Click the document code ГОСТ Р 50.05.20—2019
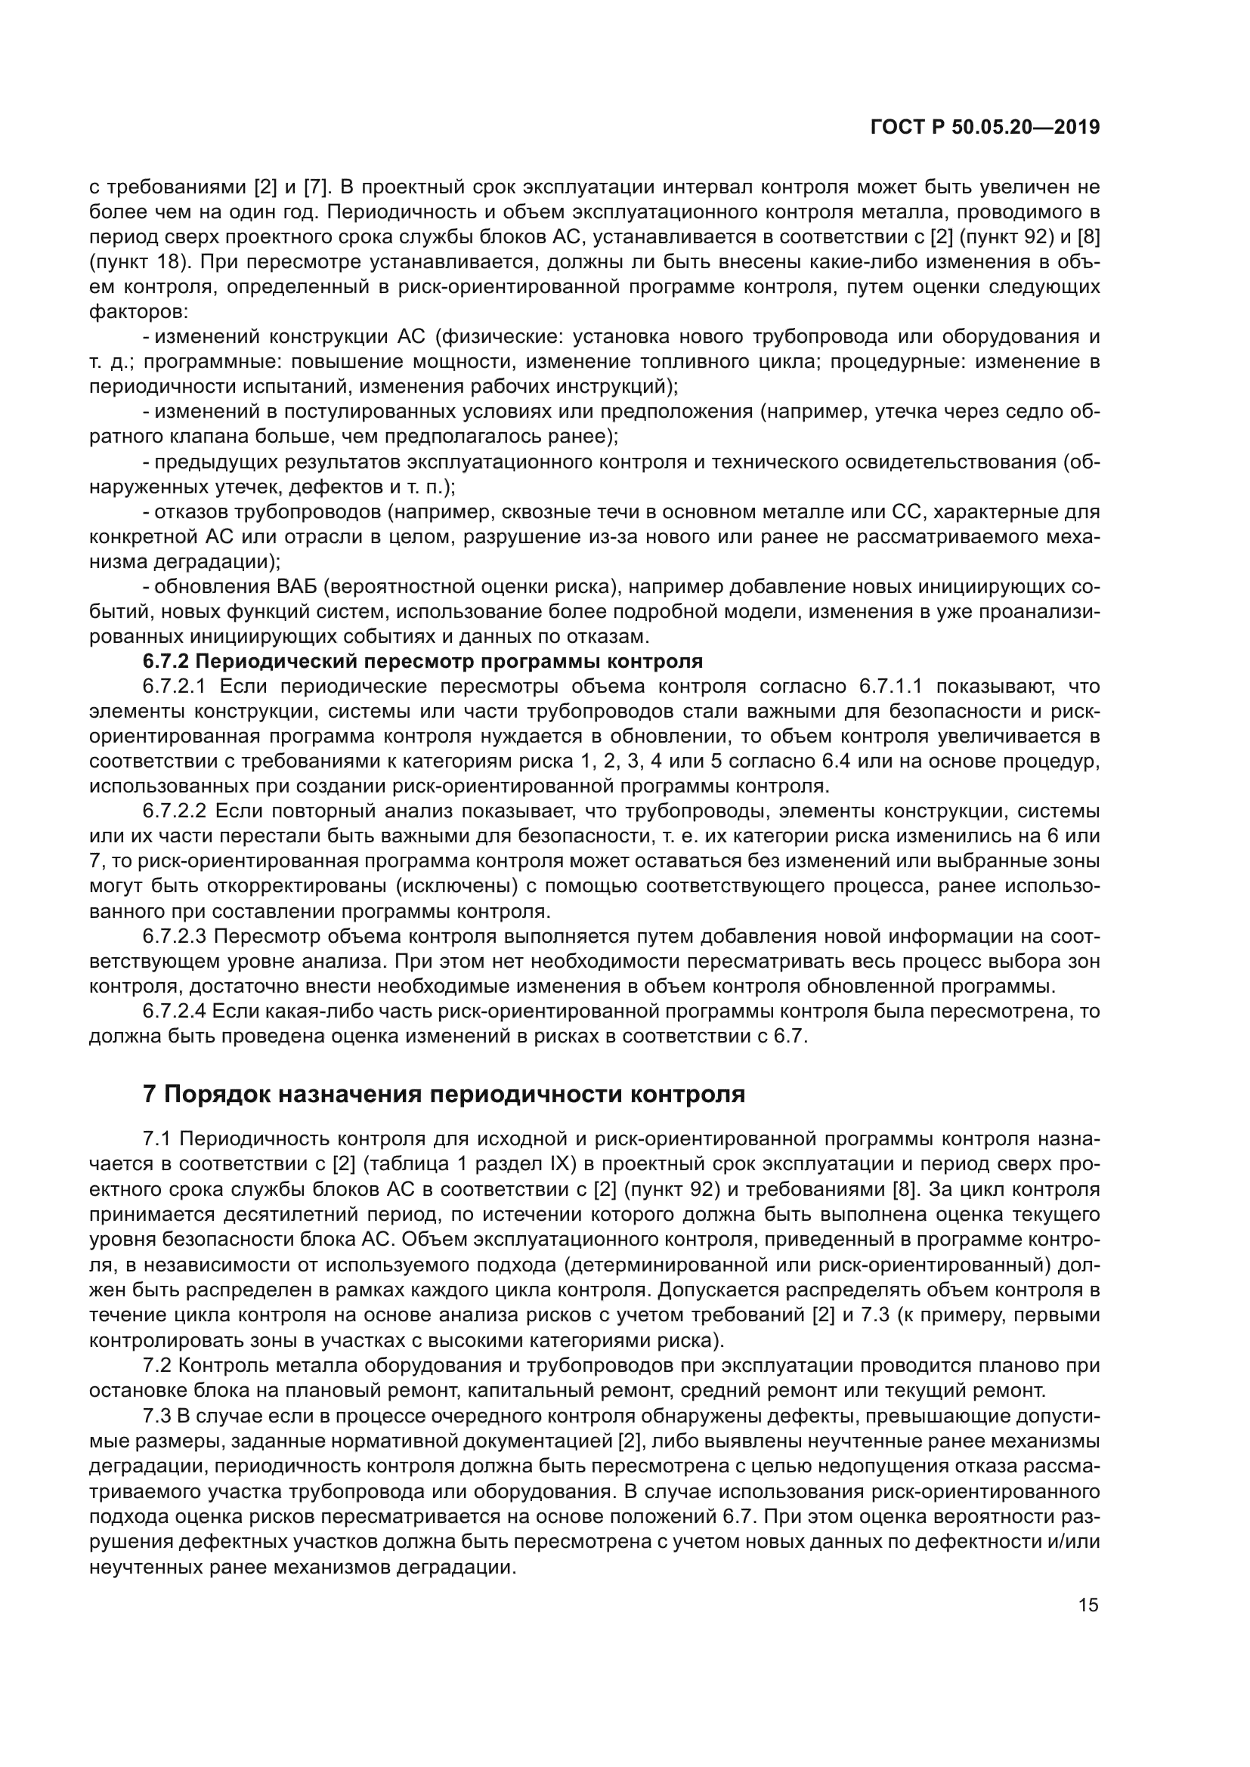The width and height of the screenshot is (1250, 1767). tap(985, 128)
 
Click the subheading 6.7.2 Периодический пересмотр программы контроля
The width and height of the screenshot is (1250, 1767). tap(422, 661)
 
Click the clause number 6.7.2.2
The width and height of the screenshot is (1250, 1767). tap(175, 811)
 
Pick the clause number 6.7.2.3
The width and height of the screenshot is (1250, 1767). tap(175, 937)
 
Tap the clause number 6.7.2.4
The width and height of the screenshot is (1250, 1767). tap(175, 1012)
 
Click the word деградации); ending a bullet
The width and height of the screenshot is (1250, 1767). tap(184, 562)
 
